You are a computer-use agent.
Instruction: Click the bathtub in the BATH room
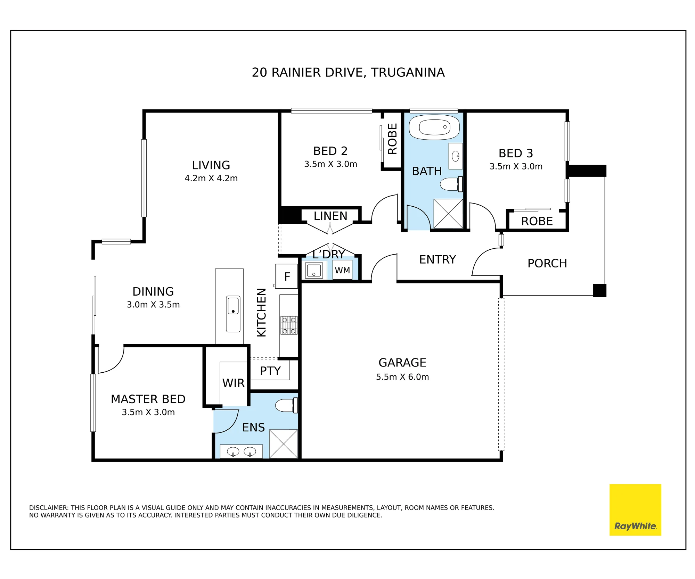tap(434, 127)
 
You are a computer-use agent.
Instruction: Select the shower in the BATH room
tap(448, 214)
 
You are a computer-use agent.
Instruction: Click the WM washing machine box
tap(342, 270)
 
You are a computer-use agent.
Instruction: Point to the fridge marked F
tap(286, 276)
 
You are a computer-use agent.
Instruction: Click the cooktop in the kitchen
tap(289, 325)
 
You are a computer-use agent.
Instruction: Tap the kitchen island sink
tap(233, 314)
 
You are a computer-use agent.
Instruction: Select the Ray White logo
tap(635, 510)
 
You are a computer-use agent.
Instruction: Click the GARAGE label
tap(402, 363)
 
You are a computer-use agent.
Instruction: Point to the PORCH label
tap(547, 263)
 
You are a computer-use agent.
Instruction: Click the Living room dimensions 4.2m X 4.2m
tap(211, 178)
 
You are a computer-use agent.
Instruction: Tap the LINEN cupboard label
tap(330, 216)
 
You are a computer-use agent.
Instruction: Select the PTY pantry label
tap(270, 371)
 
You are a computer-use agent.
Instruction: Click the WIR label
tap(234, 383)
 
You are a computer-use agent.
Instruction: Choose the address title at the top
tap(348, 73)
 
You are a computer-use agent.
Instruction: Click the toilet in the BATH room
tap(451, 184)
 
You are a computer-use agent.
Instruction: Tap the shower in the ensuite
tap(284, 444)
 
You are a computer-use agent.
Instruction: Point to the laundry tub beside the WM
tap(314, 270)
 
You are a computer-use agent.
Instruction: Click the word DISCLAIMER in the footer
tap(49, 508)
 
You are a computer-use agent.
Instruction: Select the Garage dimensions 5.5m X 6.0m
tap(402, 377)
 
